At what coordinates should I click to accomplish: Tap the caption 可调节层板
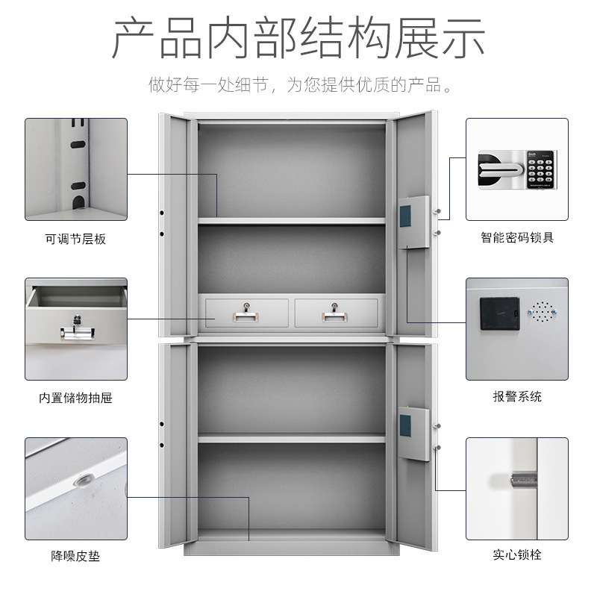click(x=76, y=239)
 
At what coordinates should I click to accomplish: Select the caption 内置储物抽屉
click(x=76, y=398)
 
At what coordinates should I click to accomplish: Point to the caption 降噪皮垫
click(x=76, y=556)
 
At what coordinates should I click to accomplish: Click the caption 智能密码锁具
click(x=517, y=237)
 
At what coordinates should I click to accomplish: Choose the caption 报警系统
click(x=517, y=396)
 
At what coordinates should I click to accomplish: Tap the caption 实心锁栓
click(x=517, y=554)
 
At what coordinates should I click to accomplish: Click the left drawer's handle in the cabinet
click(x=246, y=316)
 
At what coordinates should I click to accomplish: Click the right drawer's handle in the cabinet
click(x=334, y=316)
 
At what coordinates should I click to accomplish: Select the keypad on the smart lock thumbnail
click(x=540, y=170)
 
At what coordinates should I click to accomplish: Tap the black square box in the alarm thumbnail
click(x=499, y=313)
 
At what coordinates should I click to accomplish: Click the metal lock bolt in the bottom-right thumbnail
click(x=523, y=480)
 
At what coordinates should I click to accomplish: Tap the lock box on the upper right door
click(x=414, y=222)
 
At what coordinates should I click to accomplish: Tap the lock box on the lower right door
click(x=414, y=434)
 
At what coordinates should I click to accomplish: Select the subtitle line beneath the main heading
click(x=300, y=84)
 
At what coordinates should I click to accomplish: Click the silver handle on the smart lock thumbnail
click(x=501, y=169)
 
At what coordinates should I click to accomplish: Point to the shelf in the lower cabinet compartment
click(x=292, y=438)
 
